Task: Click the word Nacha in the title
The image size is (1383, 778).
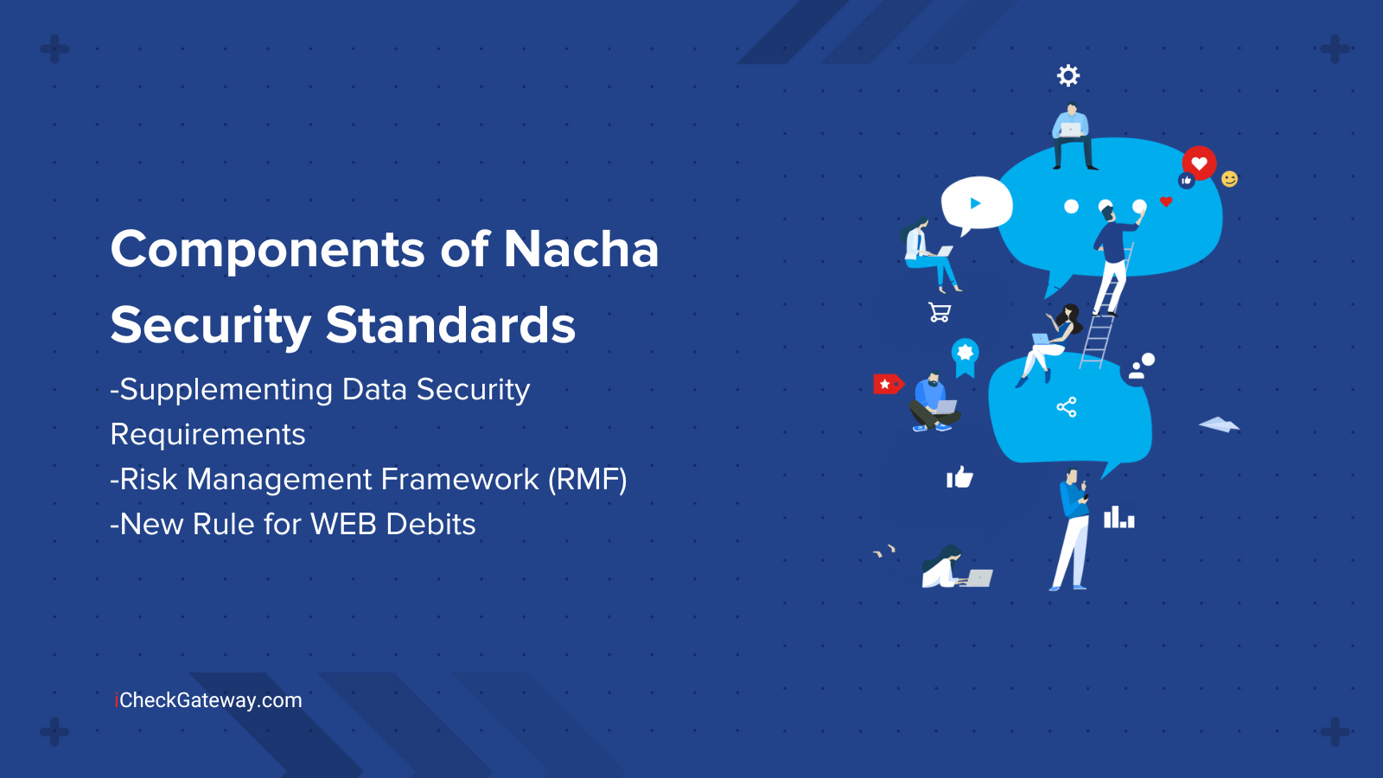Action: click(x=581, y=250)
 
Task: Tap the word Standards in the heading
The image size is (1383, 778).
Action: click(x=450, y=325)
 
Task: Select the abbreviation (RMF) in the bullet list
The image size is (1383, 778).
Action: click(x=587, y=480)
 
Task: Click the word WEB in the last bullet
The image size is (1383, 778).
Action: click(x=343, y=524)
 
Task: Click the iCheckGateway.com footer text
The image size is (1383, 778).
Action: click(x=208, y=701)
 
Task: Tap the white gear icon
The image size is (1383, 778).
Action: click(x=1068, y=75)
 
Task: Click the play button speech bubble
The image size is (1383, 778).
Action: click(x=976, y=205)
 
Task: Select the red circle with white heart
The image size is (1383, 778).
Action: click(x=1199, y=163)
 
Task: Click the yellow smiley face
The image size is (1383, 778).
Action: click(x=1229, y=179)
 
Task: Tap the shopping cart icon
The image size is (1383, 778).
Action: click(x=940, y=312)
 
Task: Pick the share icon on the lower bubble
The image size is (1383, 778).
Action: click(x=1067, y=407)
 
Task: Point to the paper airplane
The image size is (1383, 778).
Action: click(x=1219, y=424)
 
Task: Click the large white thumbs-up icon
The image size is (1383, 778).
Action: click(x=959, y=477)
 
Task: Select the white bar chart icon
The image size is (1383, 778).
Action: click(x=1119, y=518)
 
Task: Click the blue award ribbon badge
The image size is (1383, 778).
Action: click(x=965, y=358)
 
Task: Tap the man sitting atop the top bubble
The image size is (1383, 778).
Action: click(x=1073, y=137)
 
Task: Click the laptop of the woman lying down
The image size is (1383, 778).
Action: click(x=979, y=578)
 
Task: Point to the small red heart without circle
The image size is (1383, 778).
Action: click(x=1166, y=201)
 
